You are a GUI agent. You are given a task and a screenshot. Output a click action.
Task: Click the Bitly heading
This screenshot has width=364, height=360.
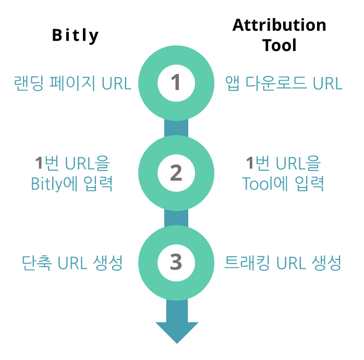point(76,35)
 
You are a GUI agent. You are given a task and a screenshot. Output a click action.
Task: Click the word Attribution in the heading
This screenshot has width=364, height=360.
point(280,25)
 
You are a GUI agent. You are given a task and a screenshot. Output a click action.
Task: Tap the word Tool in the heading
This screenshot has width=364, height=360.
point(280,45)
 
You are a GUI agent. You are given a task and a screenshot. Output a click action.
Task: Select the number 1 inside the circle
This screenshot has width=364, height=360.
point(176,82)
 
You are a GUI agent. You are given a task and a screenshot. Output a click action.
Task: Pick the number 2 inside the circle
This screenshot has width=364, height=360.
point(176,173)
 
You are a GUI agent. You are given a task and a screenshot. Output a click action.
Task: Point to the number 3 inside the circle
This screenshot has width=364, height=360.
point(176,262)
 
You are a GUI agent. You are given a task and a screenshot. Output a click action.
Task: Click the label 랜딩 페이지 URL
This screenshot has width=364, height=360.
point(72,83)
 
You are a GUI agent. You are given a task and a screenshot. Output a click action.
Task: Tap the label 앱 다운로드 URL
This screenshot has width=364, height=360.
point(284,83)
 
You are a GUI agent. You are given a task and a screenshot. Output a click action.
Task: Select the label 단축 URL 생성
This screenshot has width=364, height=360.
point(72,263)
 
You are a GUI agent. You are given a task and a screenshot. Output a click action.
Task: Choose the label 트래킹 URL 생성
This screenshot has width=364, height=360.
point(283,263)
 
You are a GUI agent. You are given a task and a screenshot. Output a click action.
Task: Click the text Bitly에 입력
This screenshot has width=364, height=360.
point(72,183)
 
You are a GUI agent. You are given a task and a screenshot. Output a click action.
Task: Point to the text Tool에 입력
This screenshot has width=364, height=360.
point(283,183)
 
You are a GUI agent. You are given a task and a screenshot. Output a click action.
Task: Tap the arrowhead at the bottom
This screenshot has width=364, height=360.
point(177,332)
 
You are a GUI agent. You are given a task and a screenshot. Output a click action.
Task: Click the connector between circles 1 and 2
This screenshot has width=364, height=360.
point(176,128)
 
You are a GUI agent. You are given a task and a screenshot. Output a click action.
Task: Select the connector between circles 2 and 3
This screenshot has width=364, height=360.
point(176,218)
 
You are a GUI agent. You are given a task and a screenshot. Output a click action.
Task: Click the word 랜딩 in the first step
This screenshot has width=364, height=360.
point(29,83)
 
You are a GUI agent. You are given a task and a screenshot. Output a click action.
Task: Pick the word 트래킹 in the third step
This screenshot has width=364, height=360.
point(247,263)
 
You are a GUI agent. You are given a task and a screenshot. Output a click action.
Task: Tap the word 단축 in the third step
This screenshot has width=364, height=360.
point(37,263)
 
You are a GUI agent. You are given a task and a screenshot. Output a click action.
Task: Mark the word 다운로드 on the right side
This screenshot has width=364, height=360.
point(276,83)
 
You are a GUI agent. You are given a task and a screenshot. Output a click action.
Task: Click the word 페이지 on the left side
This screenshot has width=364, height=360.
point(72,83)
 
